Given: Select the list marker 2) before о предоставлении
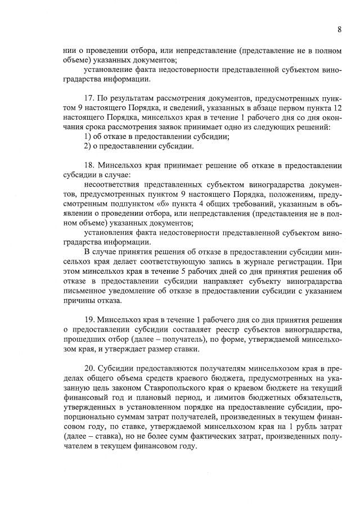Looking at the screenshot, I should click(x=88, y=146).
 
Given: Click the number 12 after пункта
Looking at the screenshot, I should click(x=336, y=107).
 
